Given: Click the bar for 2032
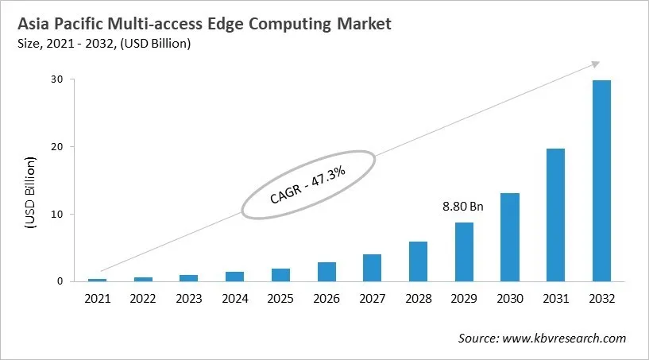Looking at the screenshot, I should point(601,180).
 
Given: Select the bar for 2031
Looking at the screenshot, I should point(555,215).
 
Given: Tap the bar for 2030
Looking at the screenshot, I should point(509,237).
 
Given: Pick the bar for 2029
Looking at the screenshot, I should point(463,251).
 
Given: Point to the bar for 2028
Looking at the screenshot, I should point(418,261).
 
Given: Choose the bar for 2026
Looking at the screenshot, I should point(326,272).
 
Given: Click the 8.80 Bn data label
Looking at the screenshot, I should point(462,207).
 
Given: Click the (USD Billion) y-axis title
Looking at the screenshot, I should point(30,193).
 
